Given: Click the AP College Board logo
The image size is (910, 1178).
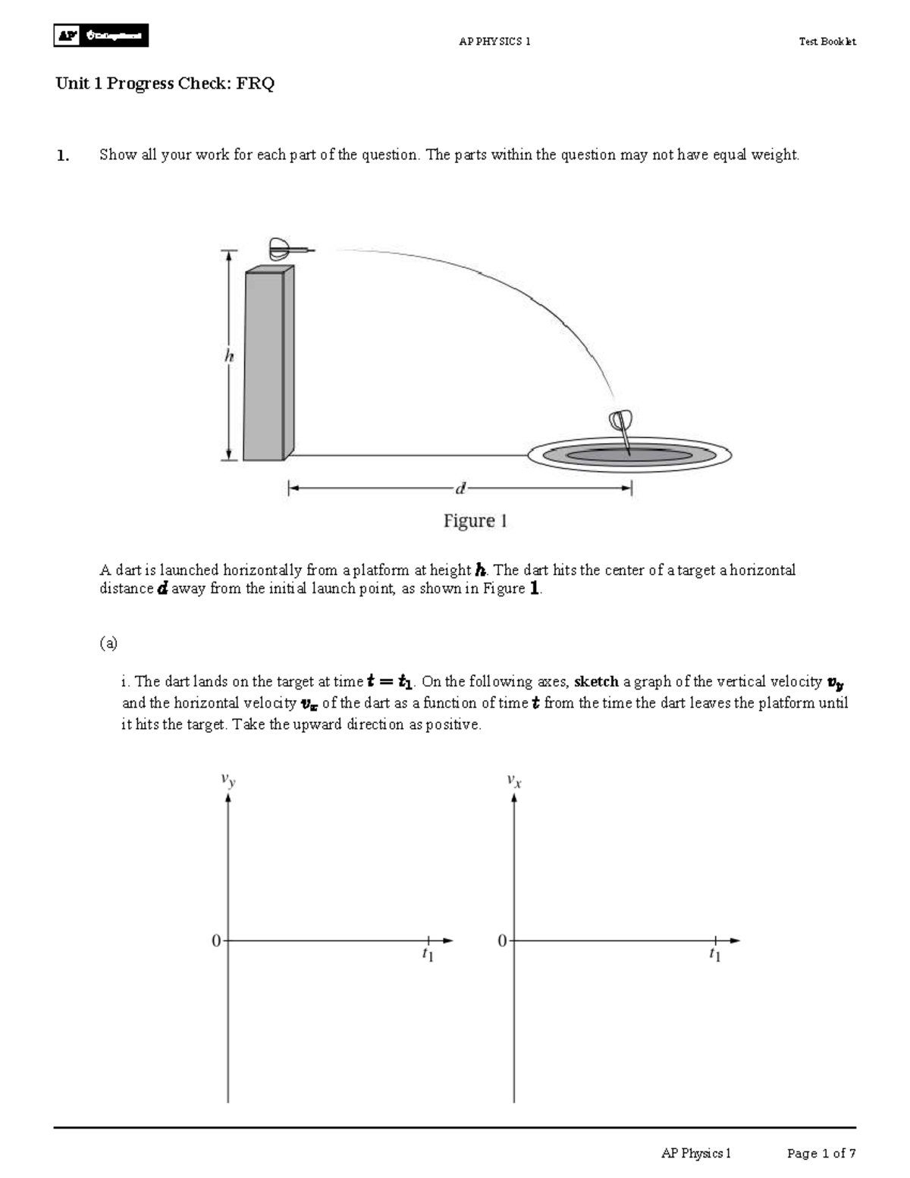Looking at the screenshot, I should point(101,36).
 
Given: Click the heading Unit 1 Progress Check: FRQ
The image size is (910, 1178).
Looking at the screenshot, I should point(165,83).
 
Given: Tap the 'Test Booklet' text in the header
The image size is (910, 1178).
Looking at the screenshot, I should point(827,42).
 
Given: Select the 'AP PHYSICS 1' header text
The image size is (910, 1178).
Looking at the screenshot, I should point(494,42).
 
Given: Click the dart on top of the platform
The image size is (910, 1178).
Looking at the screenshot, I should point(289,248).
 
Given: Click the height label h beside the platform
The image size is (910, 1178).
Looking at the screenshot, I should point(228,356).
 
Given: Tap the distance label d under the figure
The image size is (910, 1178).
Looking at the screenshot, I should point(460,489).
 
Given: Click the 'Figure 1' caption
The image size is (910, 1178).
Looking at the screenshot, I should point(475,521).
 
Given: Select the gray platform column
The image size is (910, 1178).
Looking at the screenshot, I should point(268,364).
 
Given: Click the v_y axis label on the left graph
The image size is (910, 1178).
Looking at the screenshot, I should point(228,779).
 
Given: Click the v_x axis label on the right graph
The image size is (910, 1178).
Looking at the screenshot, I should point(515,779).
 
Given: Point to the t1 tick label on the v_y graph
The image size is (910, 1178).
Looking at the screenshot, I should point(428,955).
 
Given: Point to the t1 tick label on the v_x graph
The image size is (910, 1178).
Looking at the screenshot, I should point(715,955).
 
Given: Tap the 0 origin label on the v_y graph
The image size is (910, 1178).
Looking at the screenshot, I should point(216,941).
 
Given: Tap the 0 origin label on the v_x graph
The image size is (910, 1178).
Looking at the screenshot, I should point(502,941).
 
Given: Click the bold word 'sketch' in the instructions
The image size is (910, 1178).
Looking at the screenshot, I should point(596,682).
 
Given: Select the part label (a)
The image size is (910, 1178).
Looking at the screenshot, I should point(108,643).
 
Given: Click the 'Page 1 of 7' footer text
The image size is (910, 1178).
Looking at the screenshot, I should point(821,1154).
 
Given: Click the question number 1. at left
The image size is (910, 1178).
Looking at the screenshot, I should point(63,155).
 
